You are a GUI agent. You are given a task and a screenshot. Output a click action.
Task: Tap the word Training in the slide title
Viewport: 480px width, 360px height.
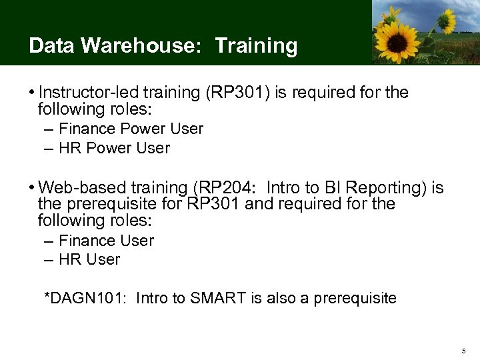[256, 45]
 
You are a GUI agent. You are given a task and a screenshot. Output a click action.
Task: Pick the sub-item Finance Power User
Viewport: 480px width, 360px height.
[131, 129]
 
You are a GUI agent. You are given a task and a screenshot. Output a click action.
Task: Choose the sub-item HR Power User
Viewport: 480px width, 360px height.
[114, 148]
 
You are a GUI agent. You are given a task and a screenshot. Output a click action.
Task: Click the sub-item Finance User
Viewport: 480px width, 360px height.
[106, 241]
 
